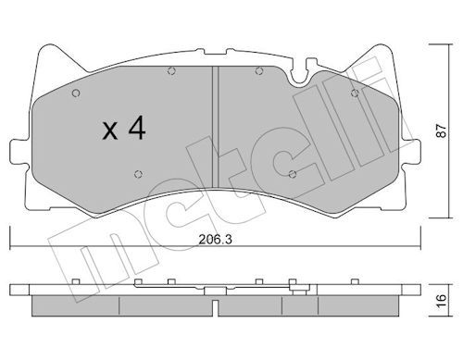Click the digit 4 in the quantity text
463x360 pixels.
(x=136, y=130)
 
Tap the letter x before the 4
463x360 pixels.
(x=109, y=131)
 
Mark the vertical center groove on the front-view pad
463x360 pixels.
(x=215, y=120)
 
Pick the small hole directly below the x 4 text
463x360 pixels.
(x=137, y=173)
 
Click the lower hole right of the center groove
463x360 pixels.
(x=292, y=173)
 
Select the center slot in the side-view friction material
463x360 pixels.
(x=215, y=304)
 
